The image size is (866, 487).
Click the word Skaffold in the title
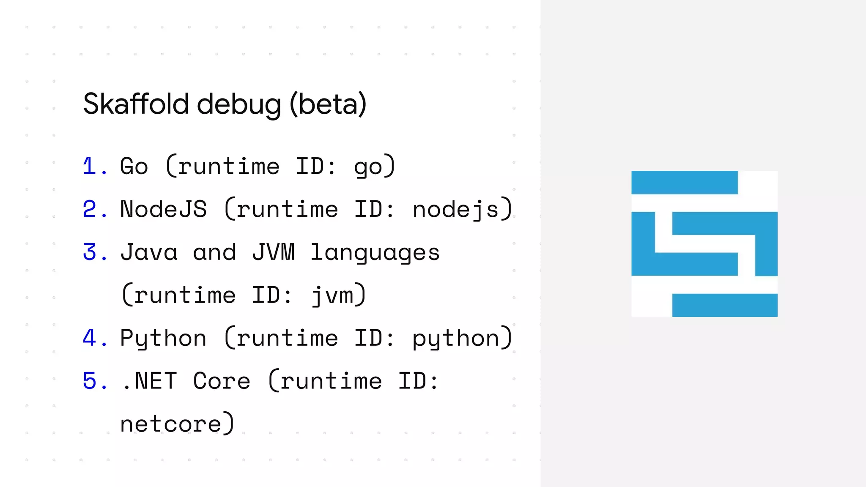[136, 104]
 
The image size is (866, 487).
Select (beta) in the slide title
[328, 104]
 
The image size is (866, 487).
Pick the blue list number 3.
[90, 252]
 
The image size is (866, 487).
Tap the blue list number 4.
[90, 338]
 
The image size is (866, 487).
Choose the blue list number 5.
[90, 381]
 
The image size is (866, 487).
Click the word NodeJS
[164, 209]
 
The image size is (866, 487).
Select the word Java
[149, 252]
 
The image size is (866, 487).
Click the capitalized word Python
[164, 338]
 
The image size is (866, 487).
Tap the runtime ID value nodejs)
[462, 209]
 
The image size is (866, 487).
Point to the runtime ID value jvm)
[339, 295]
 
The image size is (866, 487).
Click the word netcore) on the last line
[177, 424]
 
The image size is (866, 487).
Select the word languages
[375, 253]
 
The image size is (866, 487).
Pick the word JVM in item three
[273, 252]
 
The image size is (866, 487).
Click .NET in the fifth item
[149, 381]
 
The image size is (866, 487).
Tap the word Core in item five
[222, 381]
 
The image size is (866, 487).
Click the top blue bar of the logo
[684, 183]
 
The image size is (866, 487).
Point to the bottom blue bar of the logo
[725, 305]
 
